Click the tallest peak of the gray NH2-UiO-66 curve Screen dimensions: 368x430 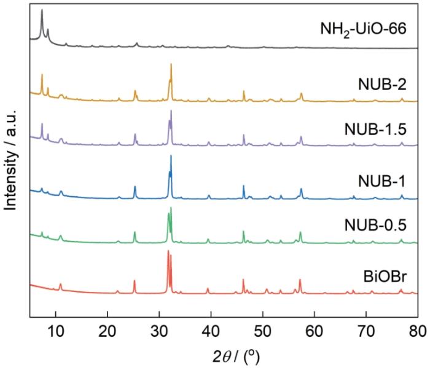[x=41, y=10]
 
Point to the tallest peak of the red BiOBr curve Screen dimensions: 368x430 [x=168, y=251]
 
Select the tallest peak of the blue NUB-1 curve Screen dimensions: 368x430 [x=171, y=156]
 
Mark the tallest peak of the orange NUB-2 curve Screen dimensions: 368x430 [x=171, y=64]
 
